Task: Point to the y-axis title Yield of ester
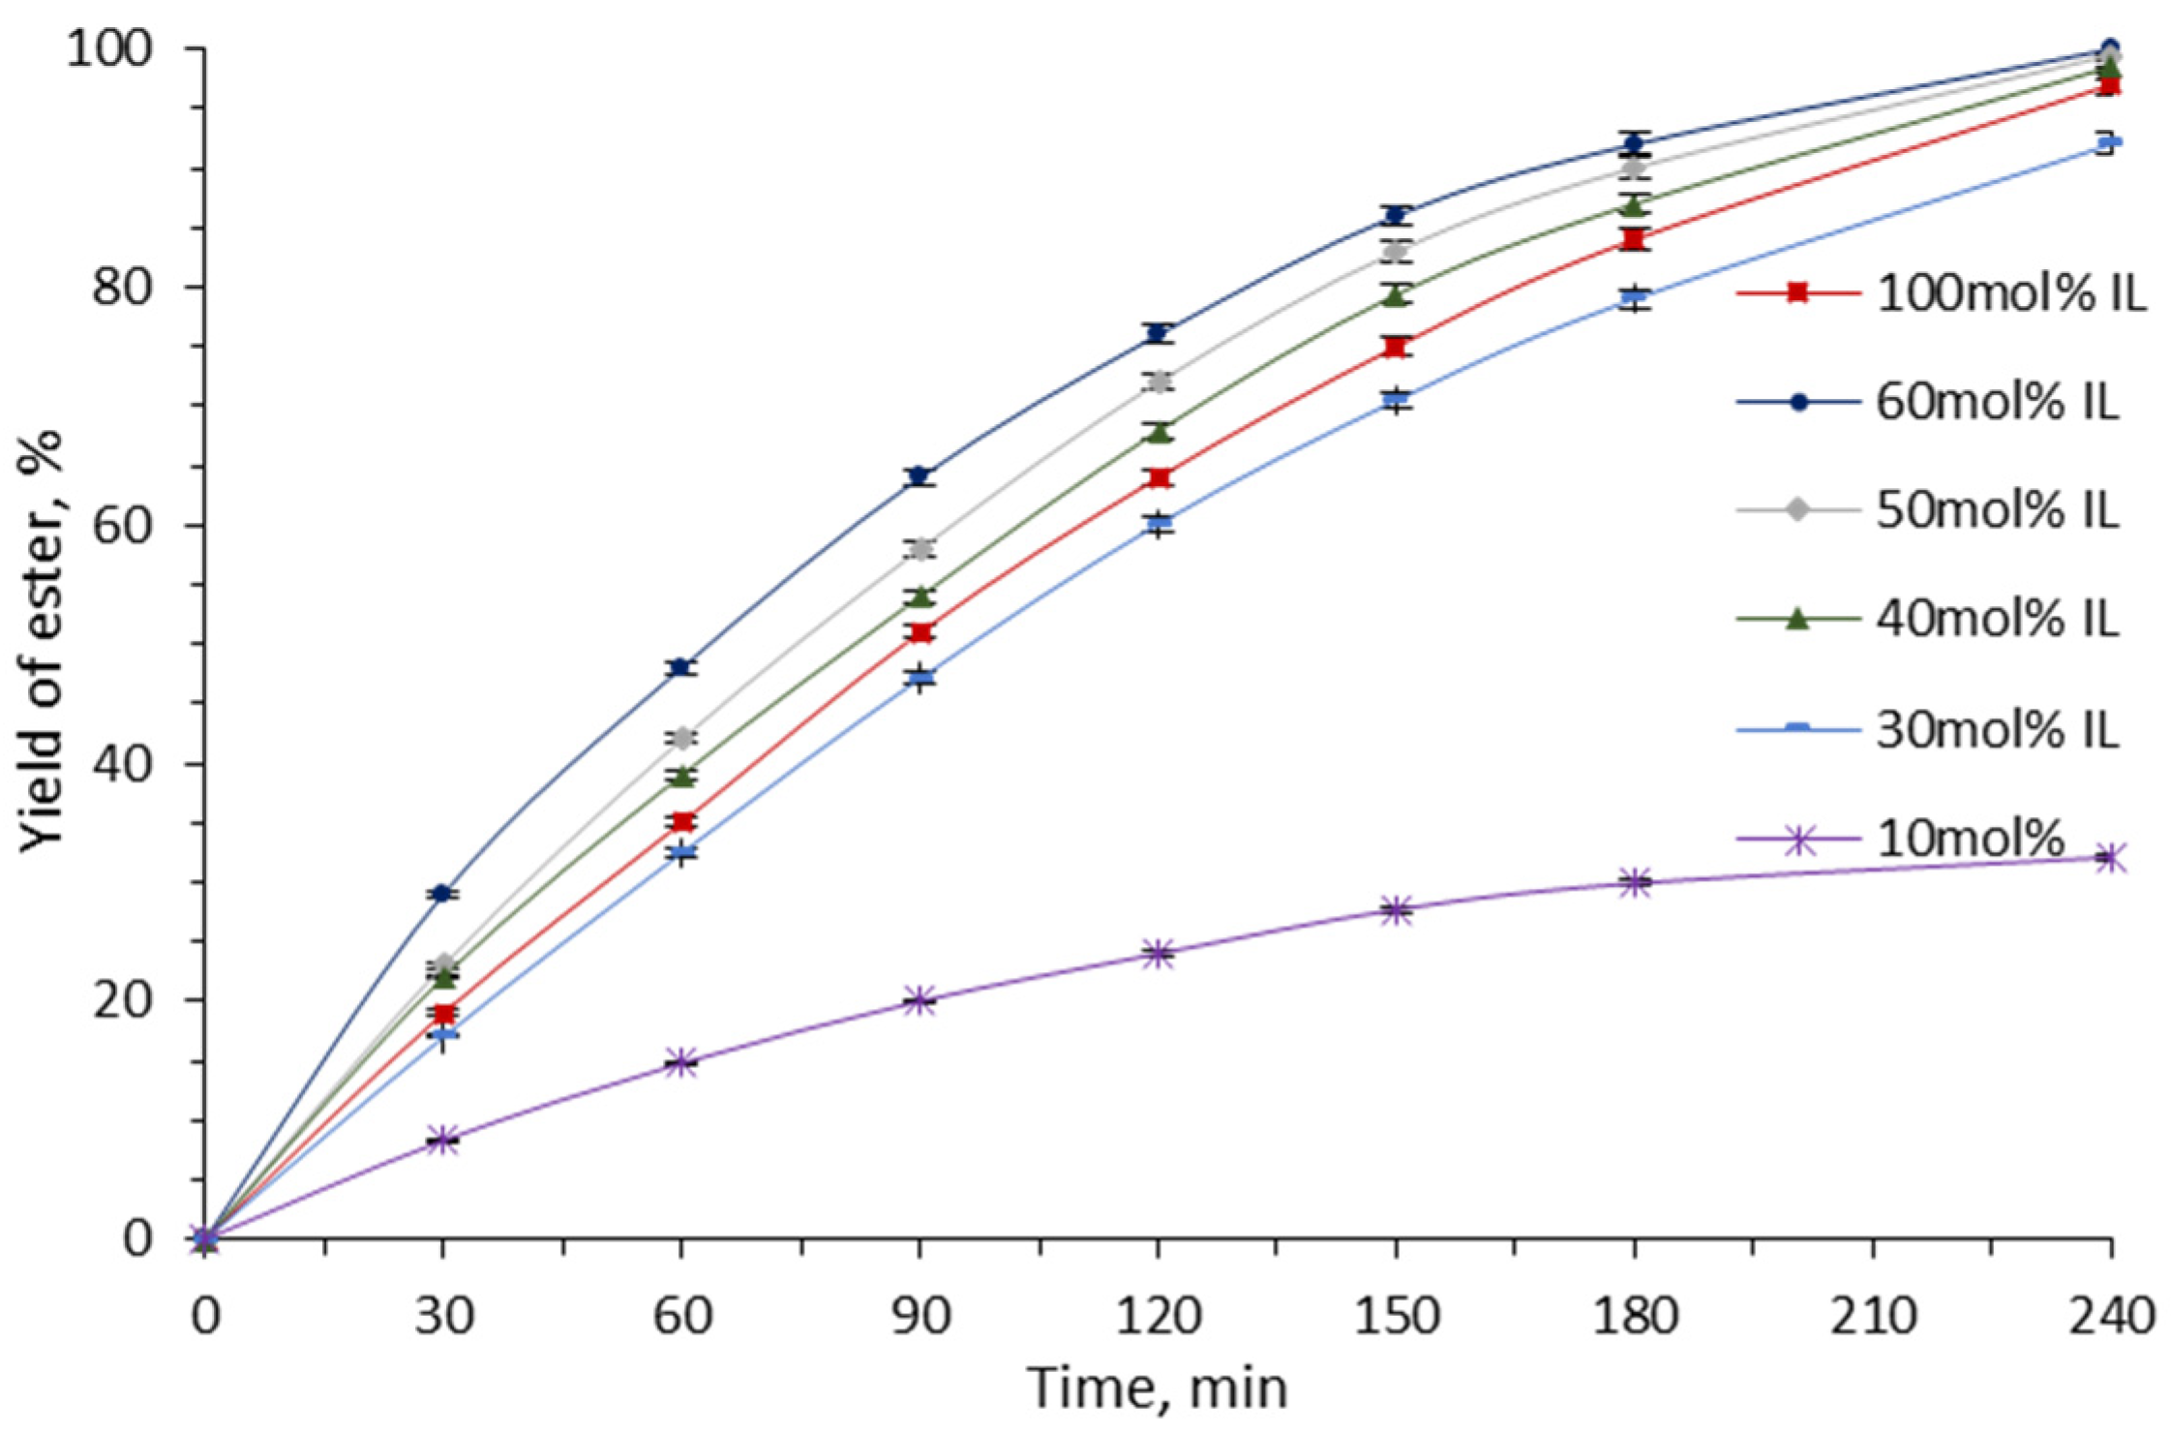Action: (x=41, y=641)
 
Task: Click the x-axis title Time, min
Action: (x=1157, y=1388)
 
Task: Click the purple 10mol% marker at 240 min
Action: (x=2111, y=858)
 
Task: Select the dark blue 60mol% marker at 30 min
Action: (x=442, y=893)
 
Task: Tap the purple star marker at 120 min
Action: (x=1158, y=954)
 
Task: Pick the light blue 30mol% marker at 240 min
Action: (x=2111, y=143)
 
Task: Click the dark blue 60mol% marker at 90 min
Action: (x=920, y=476)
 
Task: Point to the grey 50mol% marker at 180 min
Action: (x=1635, y=168)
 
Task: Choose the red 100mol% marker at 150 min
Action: (x=1396, y=347)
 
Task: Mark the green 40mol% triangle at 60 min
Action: (x=681, y=776)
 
